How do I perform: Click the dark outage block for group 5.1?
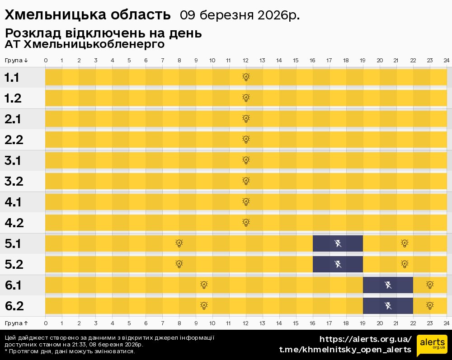coord(338,244)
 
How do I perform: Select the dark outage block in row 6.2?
coord(388,306)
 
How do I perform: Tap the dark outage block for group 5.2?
coord(338,264)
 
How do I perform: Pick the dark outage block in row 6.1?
coord(388,285)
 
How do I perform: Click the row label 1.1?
coord(12,78)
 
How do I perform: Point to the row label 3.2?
coord(14,182)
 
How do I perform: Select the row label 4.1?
coord(13,202)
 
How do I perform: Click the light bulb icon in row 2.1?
coord(246,119)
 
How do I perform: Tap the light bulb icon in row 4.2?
coord(246,222)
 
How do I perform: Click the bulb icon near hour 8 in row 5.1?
coord(179,243)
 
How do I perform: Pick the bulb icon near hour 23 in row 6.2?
coord(430,306)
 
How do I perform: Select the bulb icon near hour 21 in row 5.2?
coord(405,264)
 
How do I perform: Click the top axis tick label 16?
coord(312,61)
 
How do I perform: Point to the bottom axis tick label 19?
coord(363,323)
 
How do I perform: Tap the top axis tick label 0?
coord(46,61)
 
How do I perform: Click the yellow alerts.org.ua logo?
coord(432,346)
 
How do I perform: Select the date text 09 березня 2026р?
coord(240,15)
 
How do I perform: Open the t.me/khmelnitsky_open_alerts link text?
coord(345,350)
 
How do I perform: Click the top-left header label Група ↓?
coord(17,61)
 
